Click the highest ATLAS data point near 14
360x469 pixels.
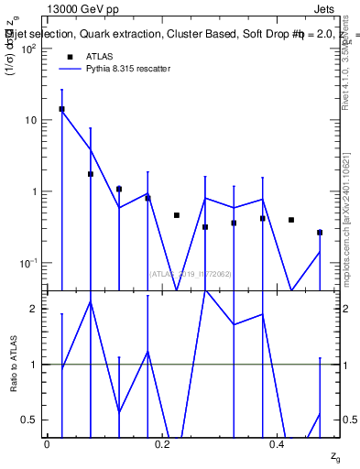(61, 109)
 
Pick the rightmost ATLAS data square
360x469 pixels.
(320, 233)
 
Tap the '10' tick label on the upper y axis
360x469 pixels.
(29, 120)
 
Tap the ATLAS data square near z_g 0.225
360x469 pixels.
(176, 215)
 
